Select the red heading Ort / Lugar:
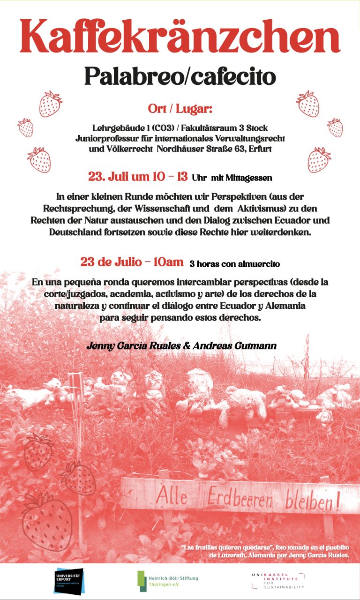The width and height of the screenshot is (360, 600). point(180,109)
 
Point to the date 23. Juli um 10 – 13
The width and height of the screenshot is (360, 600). point(138,177)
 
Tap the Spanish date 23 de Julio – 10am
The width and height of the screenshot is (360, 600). point(132,262)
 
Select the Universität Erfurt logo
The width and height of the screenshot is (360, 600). point(68,581)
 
